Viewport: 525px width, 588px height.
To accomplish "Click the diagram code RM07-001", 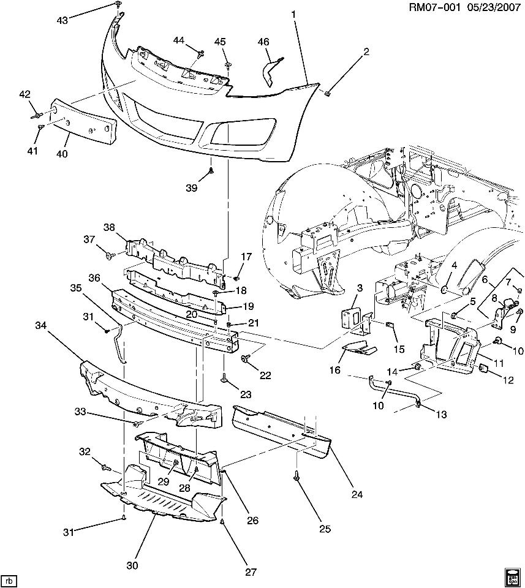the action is pyautogui.click(x=434, y=7).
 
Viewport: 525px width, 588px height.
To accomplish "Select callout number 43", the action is pyautogui.click(x=62, y=20).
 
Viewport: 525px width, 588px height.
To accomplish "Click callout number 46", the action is pyautogui.click(x=263, y=42).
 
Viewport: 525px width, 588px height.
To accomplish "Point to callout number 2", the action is pyautogui.click(x=366, y=51).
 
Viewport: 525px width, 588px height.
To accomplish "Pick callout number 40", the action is pyautogui.click(x=62, y=153).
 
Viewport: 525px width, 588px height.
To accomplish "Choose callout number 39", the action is pyautogui.click(x=192, y=187).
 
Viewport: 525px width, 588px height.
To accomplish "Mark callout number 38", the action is pyautogui.click(x=110, y=227).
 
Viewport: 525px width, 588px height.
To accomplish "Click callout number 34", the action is pyautogui.click(x=41, y=325).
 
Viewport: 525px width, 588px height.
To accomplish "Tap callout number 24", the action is pyautogui.click(x=357, y=494).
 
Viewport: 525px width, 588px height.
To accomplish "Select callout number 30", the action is pyautogui.click(x=132, y=565).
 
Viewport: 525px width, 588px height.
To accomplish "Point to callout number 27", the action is pyautogui.click(x=251, y=571).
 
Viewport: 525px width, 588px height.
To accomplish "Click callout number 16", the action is pyautogui.click(x=335, y=370).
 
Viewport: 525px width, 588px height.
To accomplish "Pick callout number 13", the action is pyautogui.click(x=441, y=414).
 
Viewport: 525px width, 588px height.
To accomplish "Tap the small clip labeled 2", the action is pyautogui.click(x=327, y=94).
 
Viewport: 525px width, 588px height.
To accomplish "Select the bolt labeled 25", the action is pyautogui.click(x=296, y=477).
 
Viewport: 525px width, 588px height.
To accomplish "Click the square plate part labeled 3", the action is pyautogui.click(x=350, y=320).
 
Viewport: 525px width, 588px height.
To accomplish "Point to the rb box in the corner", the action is pyautogui.click(x=9, y=581).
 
